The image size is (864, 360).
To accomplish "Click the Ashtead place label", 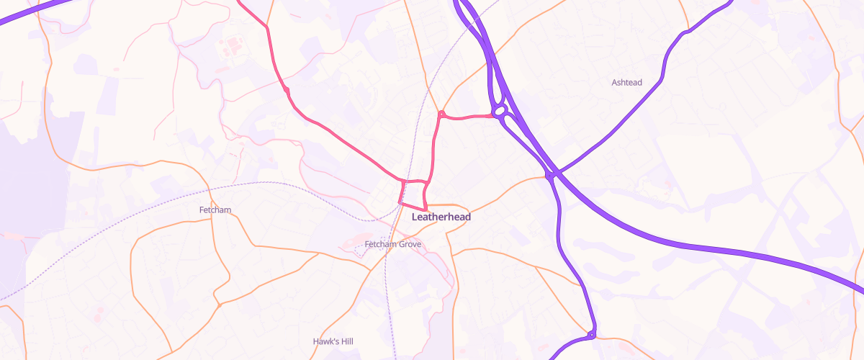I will [x=626, y=83].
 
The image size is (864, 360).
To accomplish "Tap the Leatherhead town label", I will [x=441, y=216].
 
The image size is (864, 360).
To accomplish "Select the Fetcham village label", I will [x=213, y=210].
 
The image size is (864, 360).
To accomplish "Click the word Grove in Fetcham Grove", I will [x=408, y=245].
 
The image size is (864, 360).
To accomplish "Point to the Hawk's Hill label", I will [x=333, y=341].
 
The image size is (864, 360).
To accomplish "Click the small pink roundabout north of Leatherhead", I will [x=441, y=114].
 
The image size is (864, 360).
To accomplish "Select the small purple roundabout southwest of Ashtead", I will [x=549, y=175].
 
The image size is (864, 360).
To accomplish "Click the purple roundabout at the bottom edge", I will [x=591, y=335].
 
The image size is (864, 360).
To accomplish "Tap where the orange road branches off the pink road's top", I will [x=268, y=27].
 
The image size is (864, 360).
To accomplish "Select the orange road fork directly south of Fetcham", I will [x=217, y=303].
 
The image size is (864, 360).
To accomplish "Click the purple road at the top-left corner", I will [x=29, y=14].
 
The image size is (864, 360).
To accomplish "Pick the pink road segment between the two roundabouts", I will [x=468, y=117].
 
